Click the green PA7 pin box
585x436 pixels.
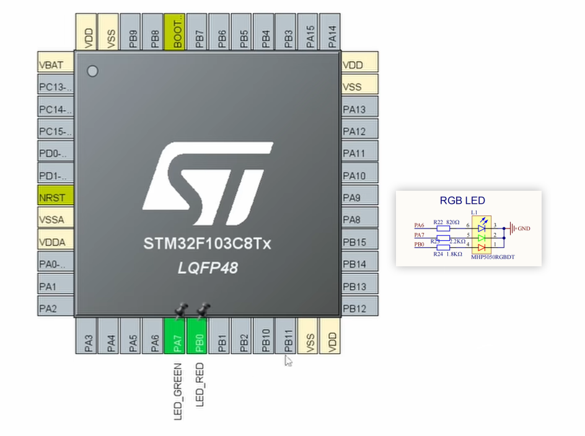(x=177, y=336)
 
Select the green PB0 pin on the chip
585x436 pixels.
(x=199, y=336)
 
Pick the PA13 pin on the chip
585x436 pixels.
(x=359, y=109)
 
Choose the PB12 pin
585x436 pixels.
(x=359, y=308)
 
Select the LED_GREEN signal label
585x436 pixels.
(x=178, y=393)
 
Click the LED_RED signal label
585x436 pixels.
(x=200, y=385)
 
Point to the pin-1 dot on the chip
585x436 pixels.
(x=93, y=71)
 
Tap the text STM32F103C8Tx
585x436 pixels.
(x=207, y=244)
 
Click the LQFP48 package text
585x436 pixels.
(x=207, y=268)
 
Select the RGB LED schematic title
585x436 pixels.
(x=462, y=201)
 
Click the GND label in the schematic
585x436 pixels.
(x=524, y=228)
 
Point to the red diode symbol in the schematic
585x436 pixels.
(x=482, y=247)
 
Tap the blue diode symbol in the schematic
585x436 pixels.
(x=482, y=227)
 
